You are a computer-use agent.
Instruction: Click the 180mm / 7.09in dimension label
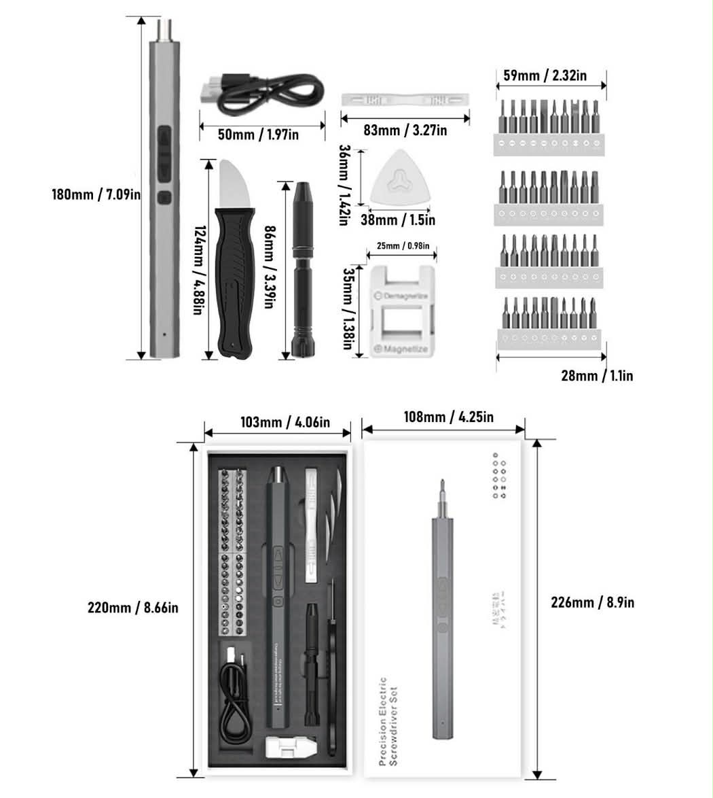pos(96,194)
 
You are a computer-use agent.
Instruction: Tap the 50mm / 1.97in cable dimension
pos(258,135)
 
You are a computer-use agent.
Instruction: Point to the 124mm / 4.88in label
pos(198,270)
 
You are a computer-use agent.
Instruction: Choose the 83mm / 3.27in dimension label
pos(405,131)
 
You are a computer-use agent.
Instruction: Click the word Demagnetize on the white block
pos(405,296)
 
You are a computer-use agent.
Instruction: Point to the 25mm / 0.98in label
pos(402,245)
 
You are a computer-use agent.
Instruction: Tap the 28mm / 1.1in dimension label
pos(597,375)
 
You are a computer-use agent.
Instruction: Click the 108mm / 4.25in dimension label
pos(450,417)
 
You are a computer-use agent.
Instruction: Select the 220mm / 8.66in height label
pos(133,607)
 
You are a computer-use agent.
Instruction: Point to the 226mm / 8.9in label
pos(593,603)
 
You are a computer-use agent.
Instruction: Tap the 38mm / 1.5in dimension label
pos(398,220)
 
